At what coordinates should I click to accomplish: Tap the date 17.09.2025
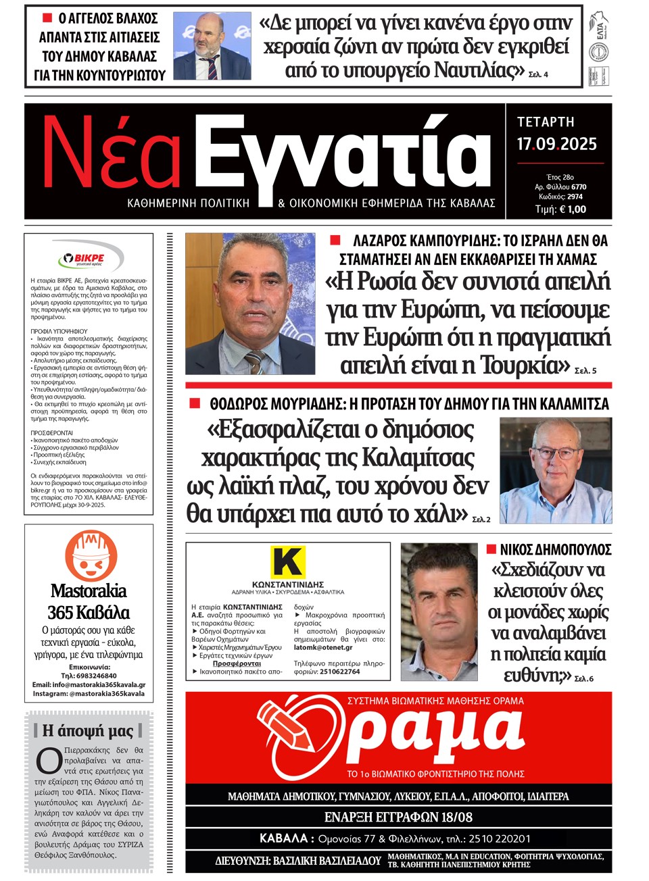click(x=557, y=144)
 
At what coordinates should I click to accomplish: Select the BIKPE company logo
click(x=89, y=258)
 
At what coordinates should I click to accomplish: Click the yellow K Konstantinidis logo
click(x=287, y=562)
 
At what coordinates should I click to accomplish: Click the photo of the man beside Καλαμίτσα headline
click(x=556, y=471)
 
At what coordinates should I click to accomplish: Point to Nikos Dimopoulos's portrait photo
click(x=439, y=613)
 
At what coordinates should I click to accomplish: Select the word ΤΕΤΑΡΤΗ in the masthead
click(x=546, y=122)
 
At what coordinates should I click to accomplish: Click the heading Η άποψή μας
click(x=88, y=730)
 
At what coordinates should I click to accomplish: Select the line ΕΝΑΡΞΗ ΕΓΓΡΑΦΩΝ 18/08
click(x=398, y=817)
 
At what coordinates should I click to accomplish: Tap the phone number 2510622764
click(x=339, y=672)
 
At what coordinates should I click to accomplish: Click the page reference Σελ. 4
click(x=538, y=74)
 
